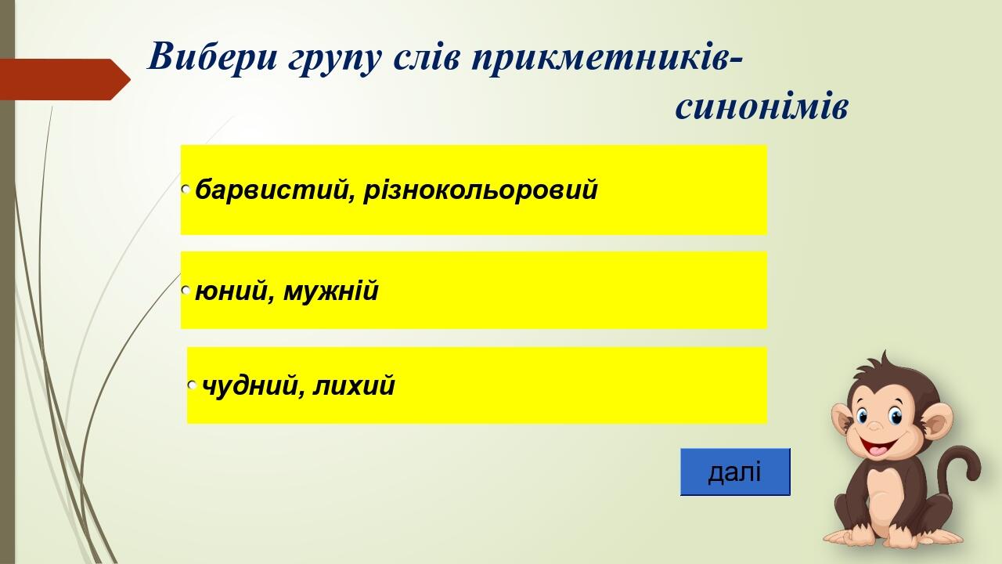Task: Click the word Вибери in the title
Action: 213,56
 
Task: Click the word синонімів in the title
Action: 762,107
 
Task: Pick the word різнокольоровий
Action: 481,190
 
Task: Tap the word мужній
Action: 331,291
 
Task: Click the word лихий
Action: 354,386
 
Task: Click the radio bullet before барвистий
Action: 186,190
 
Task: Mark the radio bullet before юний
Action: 186,291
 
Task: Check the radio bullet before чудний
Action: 193,385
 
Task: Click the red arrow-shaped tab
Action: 65,79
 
